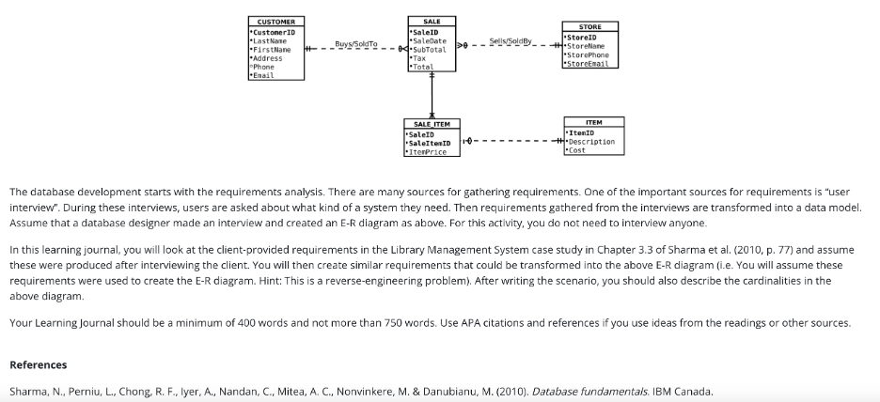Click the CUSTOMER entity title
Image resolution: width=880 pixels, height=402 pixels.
276,22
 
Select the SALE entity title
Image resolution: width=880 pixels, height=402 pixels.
432,21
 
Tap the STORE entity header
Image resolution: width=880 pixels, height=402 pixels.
590,27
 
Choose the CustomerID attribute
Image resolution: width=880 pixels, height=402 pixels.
275,32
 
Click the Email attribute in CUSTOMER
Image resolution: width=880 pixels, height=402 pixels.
264,75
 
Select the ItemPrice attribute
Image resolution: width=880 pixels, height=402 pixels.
427,151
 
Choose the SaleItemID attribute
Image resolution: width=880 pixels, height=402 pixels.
431,143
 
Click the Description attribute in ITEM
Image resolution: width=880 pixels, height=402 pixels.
592,142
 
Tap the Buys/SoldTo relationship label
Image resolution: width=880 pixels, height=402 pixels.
356,43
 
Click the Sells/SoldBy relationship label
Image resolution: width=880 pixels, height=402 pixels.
511,41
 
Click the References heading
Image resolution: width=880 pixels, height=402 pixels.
37,364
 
